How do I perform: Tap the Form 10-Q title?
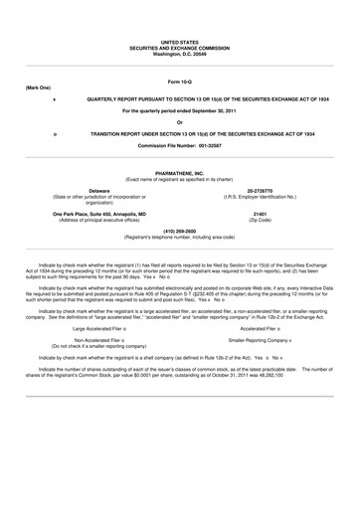click(179, 80)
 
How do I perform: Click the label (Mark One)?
click(37, 87)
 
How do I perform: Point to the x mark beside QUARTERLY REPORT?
click(54, 101)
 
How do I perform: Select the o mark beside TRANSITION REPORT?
click(54, 133)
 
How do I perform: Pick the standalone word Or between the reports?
click(179, 122)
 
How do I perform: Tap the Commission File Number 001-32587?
click(179, 144)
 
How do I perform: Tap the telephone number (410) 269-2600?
click(179, 231)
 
